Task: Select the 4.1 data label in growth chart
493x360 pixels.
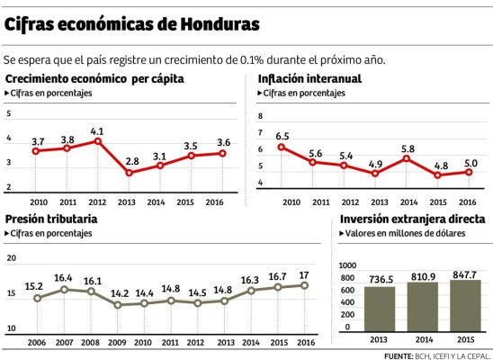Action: click(x=97, y=131)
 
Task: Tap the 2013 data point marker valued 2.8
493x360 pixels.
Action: click(x=129, y=173)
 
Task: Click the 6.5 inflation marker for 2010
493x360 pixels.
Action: click(x=282, y=147)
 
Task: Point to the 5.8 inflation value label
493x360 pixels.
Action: click(x=408, y=148)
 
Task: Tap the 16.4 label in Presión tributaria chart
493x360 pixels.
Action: click(x=63, y=278)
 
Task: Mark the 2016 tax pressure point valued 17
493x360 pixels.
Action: click(x=303, y=285)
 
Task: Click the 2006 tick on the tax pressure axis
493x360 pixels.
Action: click(x=37, y=343)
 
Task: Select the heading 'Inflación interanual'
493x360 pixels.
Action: click(x=309, y=79)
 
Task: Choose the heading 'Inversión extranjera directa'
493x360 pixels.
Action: click(x=413, y=219)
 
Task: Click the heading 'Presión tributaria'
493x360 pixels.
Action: click(x=51, y=219)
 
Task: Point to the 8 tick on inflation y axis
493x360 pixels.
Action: click(x=261, y=117)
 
